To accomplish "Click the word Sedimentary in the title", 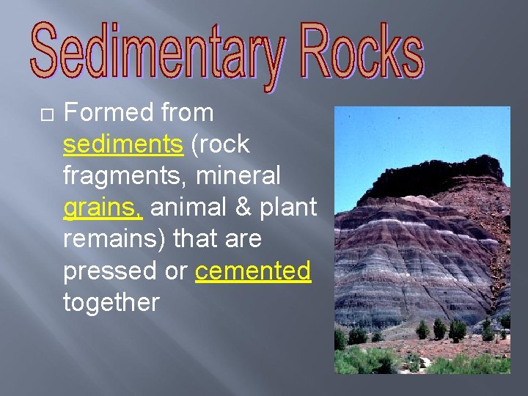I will pyautogui.click(x=155, y=53).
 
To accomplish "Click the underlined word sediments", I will pyautogui.click(x=123, y=144).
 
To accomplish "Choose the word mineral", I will pyautogui.click(x=246, y=176).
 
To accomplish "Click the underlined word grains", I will pyautogui.click(x=102, y=208).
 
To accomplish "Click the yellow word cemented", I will pyautogui.click(x=253, y=271).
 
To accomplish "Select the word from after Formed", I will pyautogui.click(x=186, y=113).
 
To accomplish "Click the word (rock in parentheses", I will pyautogui.click(x=220, y=144).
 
